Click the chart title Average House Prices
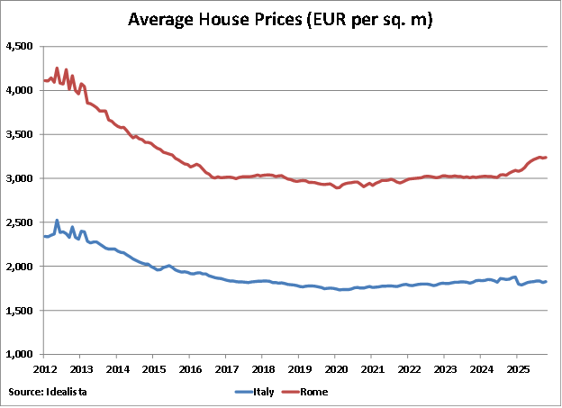(280, 19)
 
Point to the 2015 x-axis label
(153, 369)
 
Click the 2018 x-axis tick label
(262, 369)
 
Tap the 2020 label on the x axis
(335, 369)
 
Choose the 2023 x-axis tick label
(445, 369)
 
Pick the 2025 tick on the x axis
(518, 369)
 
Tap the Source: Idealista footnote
(44, 392)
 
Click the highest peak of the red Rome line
(58, 68)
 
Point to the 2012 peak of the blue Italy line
(58, 220)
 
